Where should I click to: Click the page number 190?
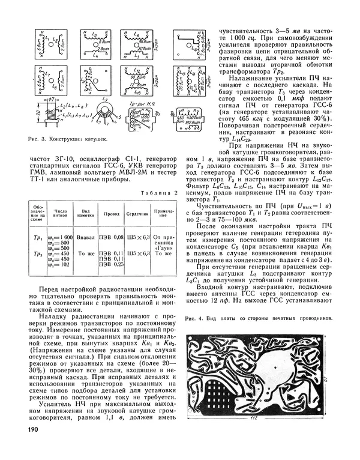[32, 429]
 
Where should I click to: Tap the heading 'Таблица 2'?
[159, 193]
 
